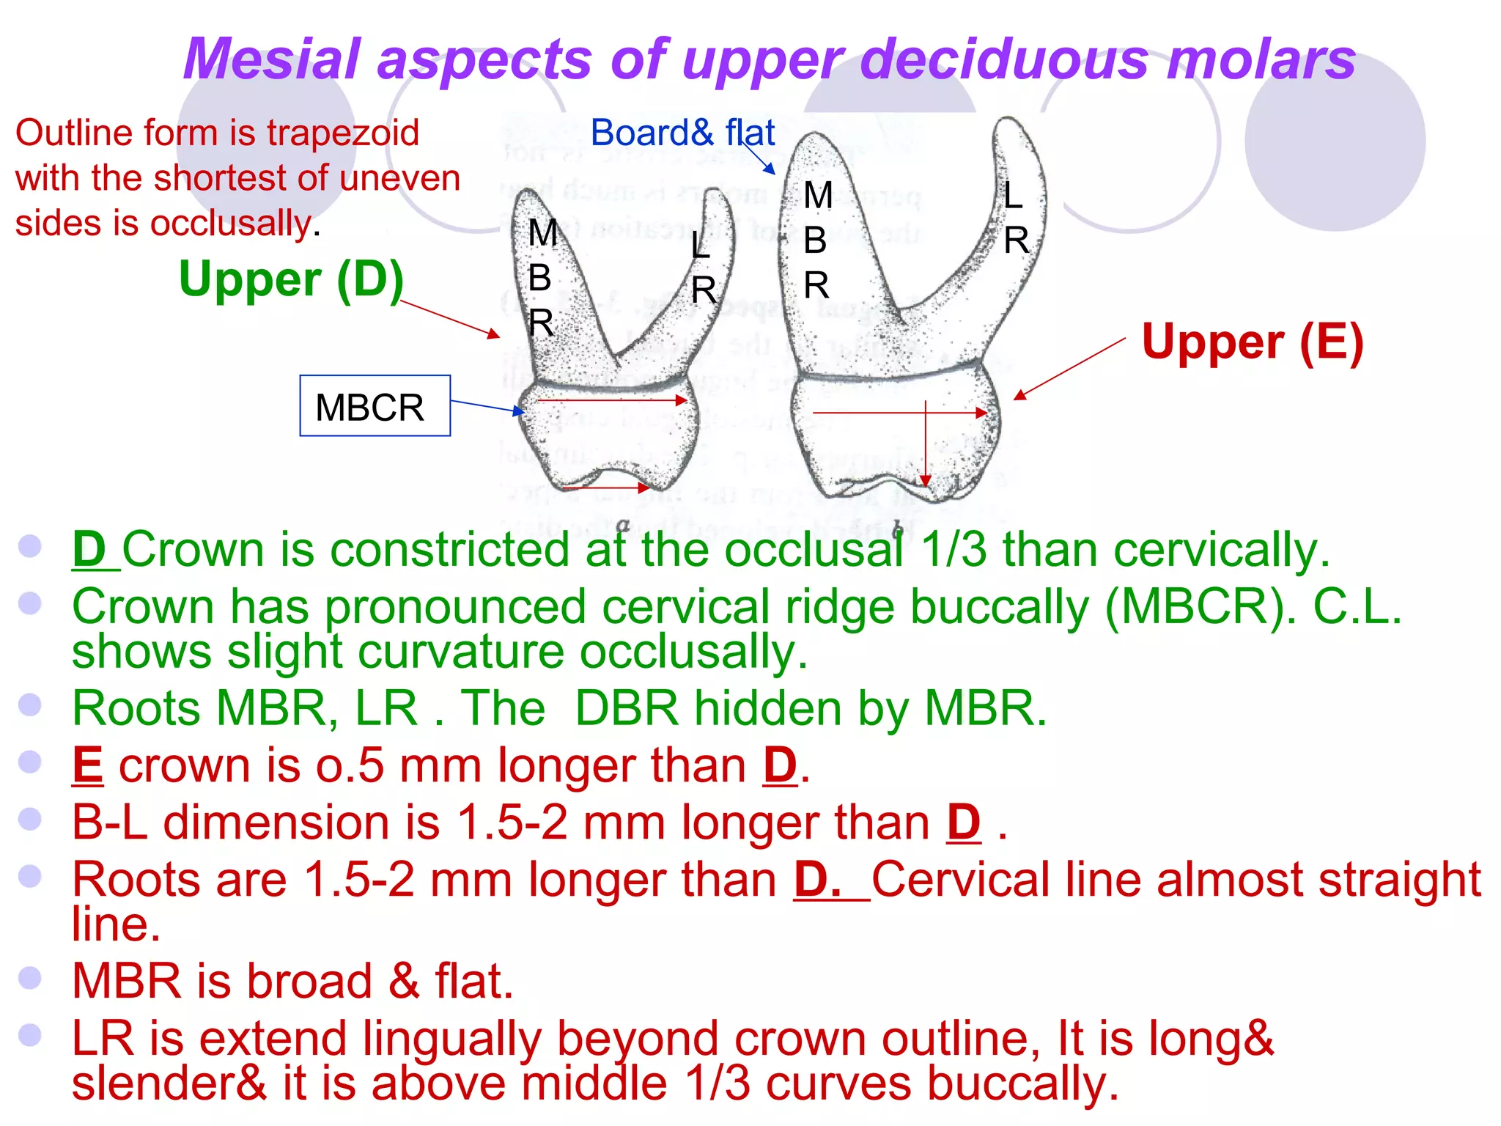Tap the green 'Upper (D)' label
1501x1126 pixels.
click(291, 280)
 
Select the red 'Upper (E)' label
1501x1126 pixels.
click(1252, 342)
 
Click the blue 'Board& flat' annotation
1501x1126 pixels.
click(682, 133)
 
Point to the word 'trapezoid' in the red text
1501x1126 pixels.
click(342, 133)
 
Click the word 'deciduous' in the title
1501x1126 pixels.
click(1005, 59)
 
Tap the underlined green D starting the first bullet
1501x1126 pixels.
click(90, 549)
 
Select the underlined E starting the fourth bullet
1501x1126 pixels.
click(87, 765)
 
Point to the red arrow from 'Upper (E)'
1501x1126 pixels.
click(1069, 369)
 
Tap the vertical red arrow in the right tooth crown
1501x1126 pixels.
click(926, 444)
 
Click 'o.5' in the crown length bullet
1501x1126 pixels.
click(349, 766)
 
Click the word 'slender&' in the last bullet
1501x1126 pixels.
click(169, 1083)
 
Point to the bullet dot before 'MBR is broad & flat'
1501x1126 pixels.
click(29, 978)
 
